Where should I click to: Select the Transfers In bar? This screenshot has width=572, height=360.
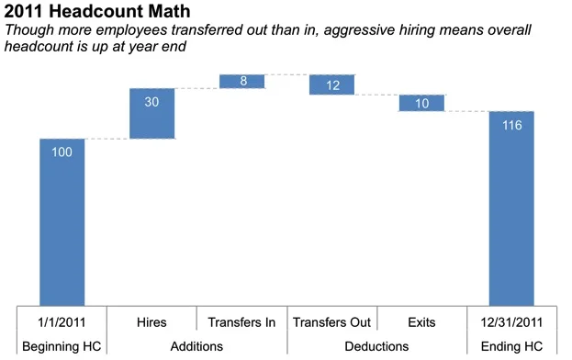pos(242,81)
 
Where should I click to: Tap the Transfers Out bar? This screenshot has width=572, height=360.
pos(331,84)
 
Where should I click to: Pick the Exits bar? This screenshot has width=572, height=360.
pos(421,103)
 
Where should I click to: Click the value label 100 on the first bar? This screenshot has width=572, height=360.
pos(62,152)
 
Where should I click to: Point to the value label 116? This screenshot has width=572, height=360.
pos(511,125)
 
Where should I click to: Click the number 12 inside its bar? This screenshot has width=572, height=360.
pos(331,85)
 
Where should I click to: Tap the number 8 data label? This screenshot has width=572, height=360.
pos(242,81)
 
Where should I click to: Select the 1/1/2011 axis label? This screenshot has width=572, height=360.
pos(62,322)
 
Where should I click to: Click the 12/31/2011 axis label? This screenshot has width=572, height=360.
pos(511,322)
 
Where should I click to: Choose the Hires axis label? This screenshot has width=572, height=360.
pos(151,322)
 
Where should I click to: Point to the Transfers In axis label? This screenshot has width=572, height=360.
pos(242,322)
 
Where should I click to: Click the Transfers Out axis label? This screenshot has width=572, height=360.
pos(331,322)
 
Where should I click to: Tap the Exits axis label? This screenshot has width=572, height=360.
pos(421,322)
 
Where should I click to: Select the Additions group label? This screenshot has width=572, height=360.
pos(196,346)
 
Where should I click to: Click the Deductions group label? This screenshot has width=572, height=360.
pos(376,346)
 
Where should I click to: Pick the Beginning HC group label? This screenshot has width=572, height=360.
pos(62,346)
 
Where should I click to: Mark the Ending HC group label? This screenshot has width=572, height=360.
pos(511,346)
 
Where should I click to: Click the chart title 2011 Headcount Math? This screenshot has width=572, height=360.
pos(98,12)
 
